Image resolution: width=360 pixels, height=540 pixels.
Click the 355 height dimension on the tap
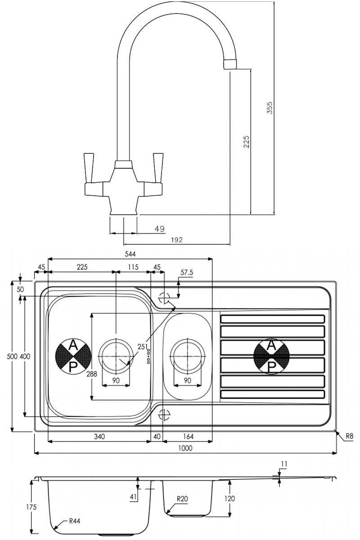coord(270,108)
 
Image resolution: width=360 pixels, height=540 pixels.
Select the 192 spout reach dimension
coord(177,240)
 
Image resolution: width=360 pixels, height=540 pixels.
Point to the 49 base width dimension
coord(159,229)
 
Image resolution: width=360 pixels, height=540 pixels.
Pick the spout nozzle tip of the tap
coord(230,64)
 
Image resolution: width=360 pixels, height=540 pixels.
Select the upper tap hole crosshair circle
coord(163,297)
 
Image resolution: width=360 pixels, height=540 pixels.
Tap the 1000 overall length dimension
coord(185,448)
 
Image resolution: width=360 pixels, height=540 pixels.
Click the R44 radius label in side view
coord(75,522)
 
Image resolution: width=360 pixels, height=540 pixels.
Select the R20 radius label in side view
coord(182,499)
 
